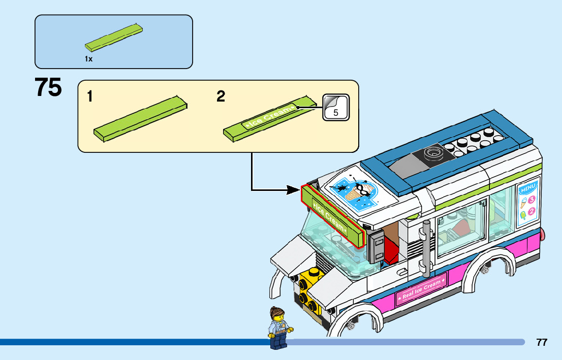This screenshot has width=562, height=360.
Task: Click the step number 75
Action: point(48,87)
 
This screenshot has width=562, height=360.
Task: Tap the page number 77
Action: point(542,342)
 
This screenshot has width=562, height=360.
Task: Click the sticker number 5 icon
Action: point(336,107)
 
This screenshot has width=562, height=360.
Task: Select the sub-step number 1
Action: point(90,96)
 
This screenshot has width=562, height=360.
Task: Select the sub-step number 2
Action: point(221,96)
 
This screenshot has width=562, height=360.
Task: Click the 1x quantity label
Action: point(88,59)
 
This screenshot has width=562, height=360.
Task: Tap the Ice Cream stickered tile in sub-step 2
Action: point(268,117)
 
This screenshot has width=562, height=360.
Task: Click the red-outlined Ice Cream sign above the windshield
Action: point(333,217)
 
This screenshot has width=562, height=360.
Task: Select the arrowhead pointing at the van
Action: point(294,190)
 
